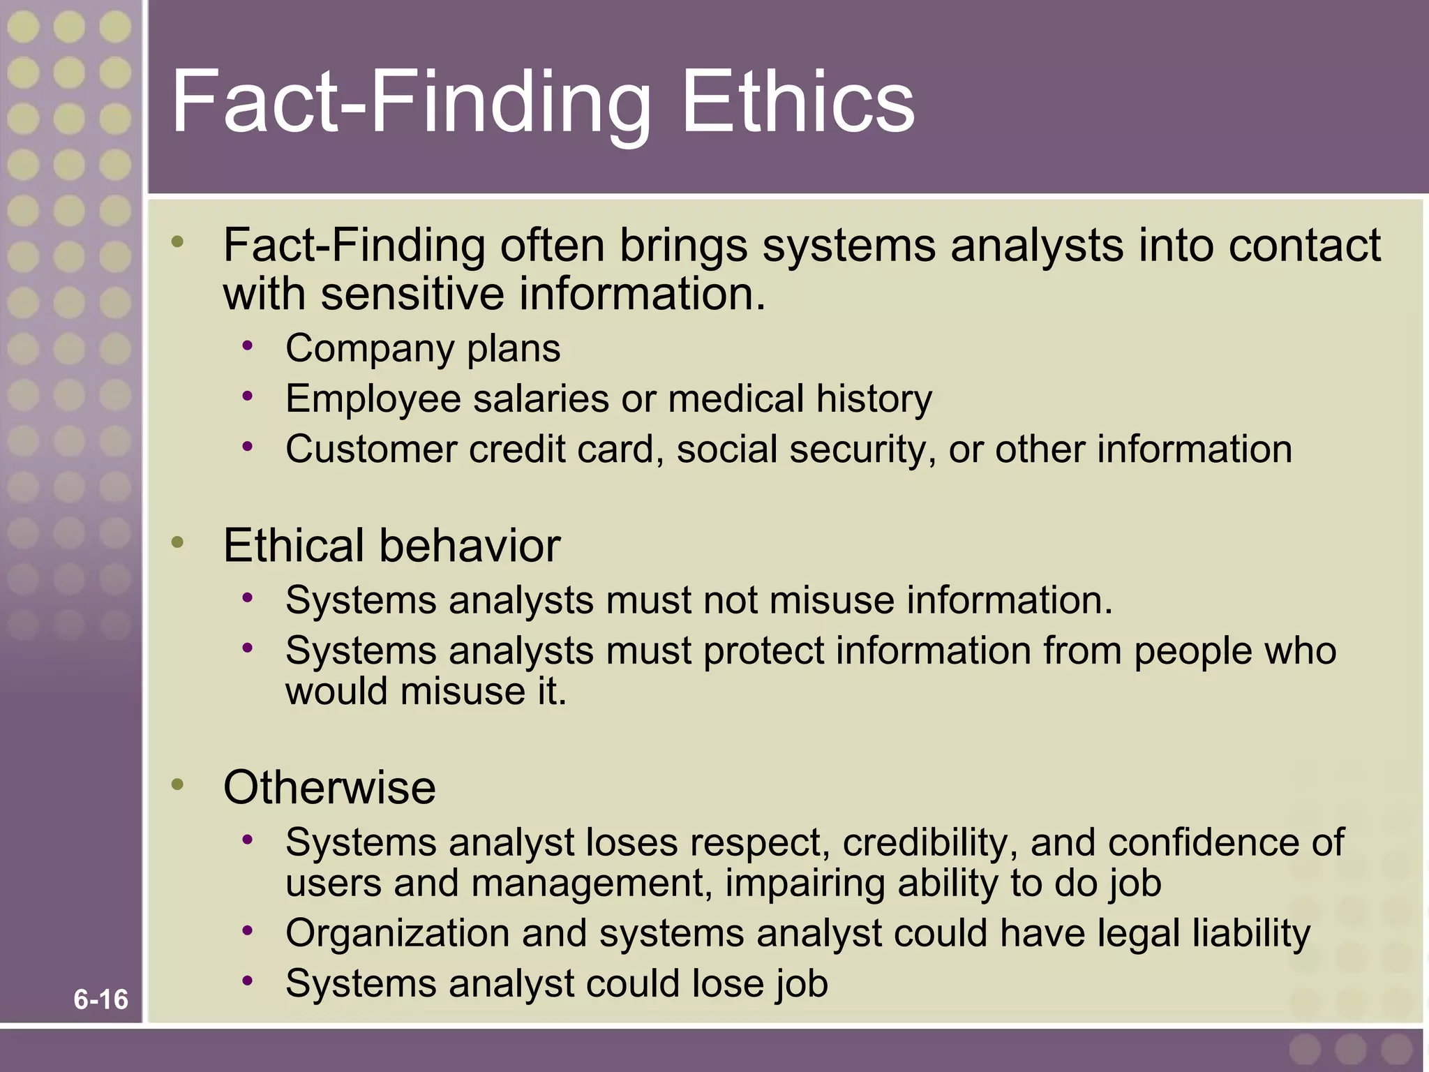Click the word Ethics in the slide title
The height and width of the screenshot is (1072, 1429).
coord(798,102)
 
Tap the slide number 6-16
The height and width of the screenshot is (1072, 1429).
coord(101,999)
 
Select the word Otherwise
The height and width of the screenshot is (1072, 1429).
coord(329,787)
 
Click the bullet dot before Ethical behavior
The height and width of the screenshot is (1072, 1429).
coord(178,542)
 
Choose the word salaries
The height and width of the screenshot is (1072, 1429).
coord(541,399)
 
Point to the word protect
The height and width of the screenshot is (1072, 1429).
coord(764,651)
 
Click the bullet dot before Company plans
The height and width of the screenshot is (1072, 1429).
coord(248,345)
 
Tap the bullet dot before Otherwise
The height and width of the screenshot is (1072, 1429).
coord(178,784)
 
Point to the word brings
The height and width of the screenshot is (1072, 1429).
coord(683,246)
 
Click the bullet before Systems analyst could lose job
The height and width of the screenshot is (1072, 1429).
coord(248,981)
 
